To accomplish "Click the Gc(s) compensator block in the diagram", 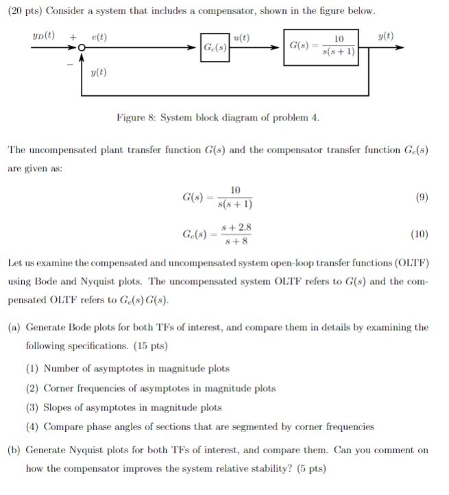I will (215, 47).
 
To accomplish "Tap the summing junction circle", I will (81, 47).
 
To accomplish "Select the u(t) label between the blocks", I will (242, 37).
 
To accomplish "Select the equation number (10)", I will (420, 234).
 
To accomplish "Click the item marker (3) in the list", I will (33, 407).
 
